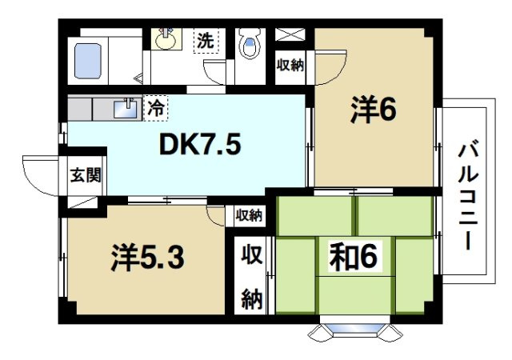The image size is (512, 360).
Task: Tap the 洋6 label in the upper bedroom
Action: click(x=374, y=110)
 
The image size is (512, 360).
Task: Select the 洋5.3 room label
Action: click(x=147, y=257)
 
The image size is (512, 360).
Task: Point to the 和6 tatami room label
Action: click(x=354, y=257)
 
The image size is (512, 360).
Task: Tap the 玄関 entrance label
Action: click(x=86, y=175)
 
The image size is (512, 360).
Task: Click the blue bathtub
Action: click(x=88, y=61)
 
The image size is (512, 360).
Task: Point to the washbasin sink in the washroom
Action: click(x=166, y=39)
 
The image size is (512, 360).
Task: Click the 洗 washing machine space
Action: click(x=206, y=40)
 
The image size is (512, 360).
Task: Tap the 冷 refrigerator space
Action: click(x=155, y=108)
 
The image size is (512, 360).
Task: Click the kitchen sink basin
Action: click(x=126, y=109)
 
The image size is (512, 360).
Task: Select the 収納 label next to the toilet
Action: click(x=290, y=66)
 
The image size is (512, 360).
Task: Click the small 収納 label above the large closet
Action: click(x=249, y=215)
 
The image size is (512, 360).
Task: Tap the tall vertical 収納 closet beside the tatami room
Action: click(x=252, y=276)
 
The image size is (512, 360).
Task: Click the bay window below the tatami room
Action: click(x=355, y=330)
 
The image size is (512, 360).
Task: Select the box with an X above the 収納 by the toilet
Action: click(x=290, y=34)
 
